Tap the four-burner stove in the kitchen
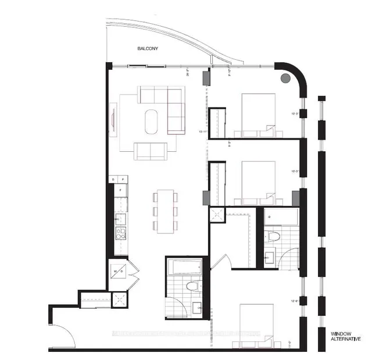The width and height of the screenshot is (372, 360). pyautogui.click(x=120, y=234)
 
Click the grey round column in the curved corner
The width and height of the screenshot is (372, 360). pyautogui.click(x=285, y=79)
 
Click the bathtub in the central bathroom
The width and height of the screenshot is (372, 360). pyautogui.click(x=184, y=267)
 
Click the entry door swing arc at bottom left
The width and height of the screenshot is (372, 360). pyautogui.click(x=65, y=332)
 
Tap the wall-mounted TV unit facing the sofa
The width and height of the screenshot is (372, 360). pyautogui.click(x=112, y=119)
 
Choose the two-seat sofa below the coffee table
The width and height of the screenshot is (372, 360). pyautogui.click(x=151, y=150)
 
